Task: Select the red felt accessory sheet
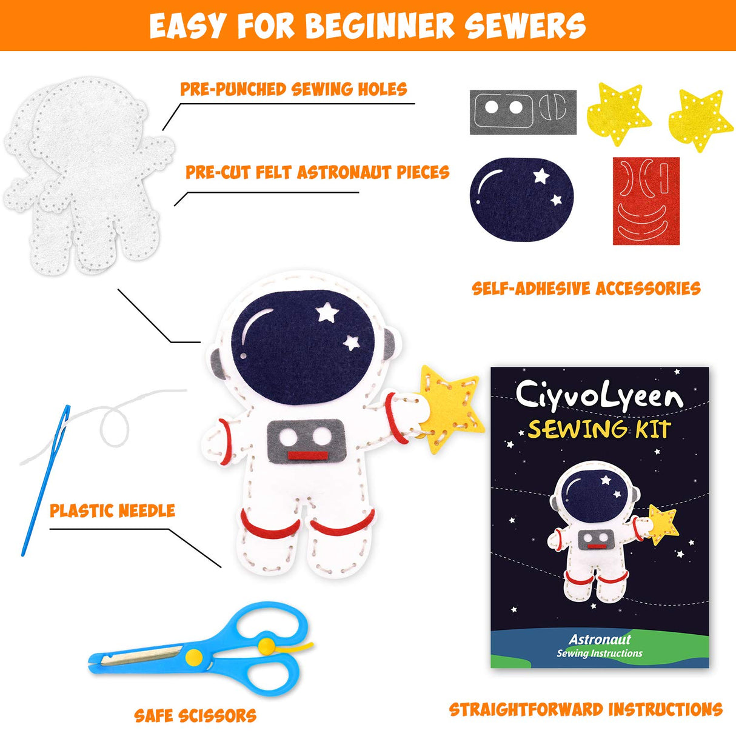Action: pos(646,201)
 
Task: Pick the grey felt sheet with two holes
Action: pos(523,112)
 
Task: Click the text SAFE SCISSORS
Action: pos(195,716)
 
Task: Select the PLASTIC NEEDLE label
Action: pos(112,511)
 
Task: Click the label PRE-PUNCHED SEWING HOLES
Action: pos(293,90)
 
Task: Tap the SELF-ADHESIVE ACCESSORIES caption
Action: pos(586,289)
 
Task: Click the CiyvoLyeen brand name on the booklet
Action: pos(599,395)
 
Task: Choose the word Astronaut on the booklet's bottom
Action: pos(600,639)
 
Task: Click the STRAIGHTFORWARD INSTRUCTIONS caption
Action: pos(586,710)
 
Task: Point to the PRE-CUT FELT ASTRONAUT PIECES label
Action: pos(317,173)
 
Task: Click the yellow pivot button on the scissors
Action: pos(194,656)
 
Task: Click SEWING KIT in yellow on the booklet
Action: pos(599,429)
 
